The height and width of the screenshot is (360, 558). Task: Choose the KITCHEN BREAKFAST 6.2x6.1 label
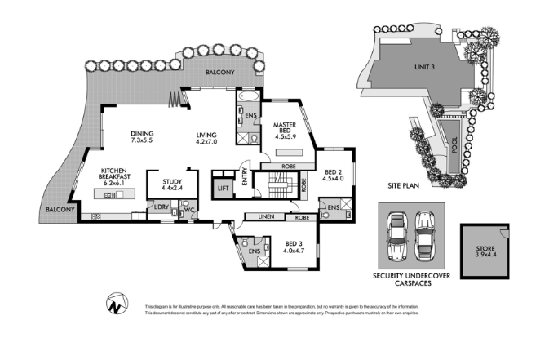(114, 177)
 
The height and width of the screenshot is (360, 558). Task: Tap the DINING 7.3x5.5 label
(143, 139)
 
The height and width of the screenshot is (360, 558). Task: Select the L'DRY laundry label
(161, 207)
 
